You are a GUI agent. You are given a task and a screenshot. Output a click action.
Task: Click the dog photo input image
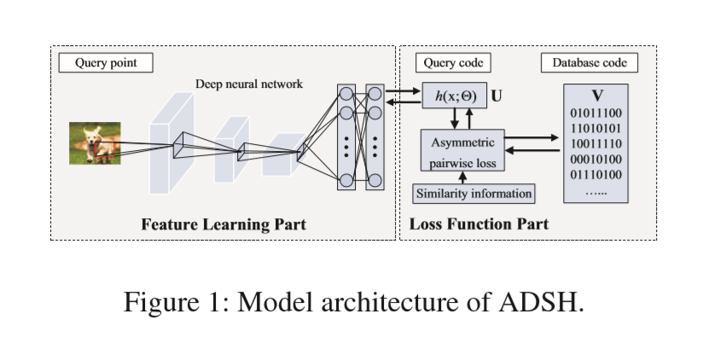[x=95, y=142]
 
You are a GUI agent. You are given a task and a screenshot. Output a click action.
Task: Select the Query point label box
[x=106, y=63]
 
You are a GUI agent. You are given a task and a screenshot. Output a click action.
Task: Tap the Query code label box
[x=453, y=63]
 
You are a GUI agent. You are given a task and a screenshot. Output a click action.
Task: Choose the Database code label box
[x=590, y=63]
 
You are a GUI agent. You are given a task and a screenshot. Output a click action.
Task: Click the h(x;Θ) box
[x=454, y=96]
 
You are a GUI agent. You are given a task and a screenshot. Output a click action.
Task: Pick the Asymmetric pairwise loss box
[x=463, y=150]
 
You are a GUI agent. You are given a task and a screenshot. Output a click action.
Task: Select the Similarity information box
[x=474, y=193]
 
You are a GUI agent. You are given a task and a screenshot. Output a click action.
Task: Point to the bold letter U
[x=497, y=96]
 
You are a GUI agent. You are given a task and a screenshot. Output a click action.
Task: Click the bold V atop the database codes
[x=596, y=93]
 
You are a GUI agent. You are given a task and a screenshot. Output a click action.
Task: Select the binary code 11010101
[x=596, y=128]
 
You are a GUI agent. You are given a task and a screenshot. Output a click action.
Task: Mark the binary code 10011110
[x=596, y=143]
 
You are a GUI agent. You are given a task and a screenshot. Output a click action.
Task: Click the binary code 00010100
[x=596, y=159]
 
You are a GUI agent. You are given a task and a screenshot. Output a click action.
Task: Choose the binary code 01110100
[x=596, y=174]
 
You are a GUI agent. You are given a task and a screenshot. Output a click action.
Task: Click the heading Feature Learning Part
[x=224, y=224]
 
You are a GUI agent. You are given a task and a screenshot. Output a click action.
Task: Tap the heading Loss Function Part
[x=479, y=224]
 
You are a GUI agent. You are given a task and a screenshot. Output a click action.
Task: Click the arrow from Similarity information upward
[x=463, y=177]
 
